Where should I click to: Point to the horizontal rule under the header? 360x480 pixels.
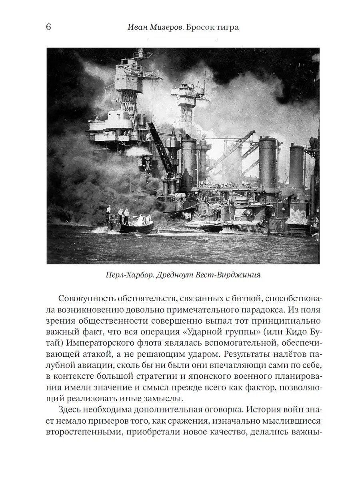coord(183,39)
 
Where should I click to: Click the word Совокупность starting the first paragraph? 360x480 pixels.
coord(88,299)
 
